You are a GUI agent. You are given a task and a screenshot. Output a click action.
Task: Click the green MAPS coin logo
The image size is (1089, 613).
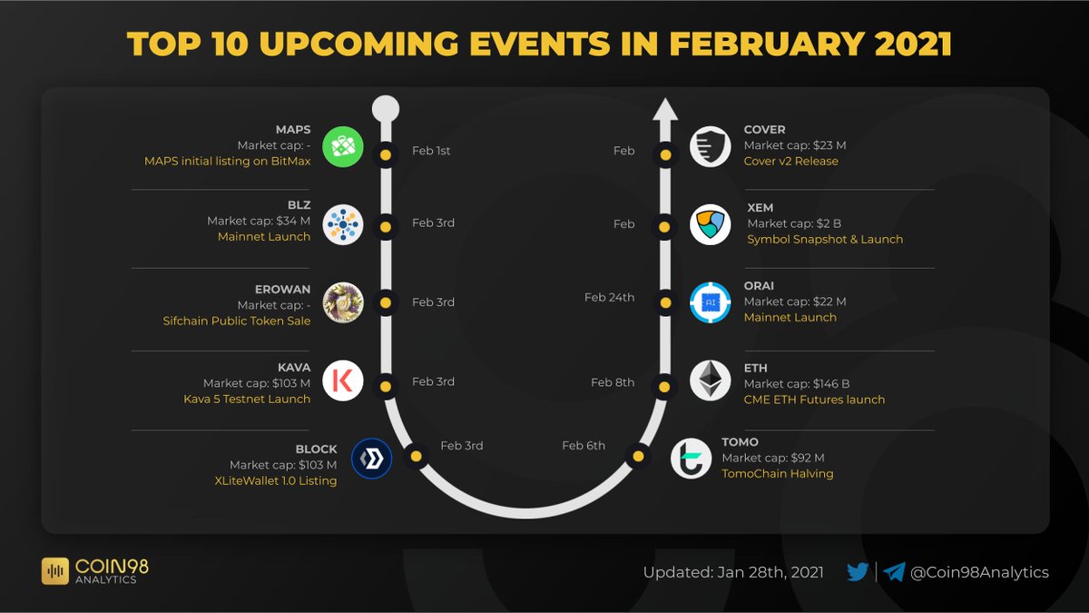(343, 147)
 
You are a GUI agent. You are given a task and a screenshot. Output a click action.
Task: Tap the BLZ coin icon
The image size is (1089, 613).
(343, 224)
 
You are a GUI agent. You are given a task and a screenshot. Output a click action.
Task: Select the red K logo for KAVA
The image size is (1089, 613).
(343, 381)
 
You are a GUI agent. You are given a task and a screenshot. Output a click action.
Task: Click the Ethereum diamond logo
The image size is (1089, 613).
(710, 381)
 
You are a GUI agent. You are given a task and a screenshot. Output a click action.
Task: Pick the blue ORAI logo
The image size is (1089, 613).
(710, 302)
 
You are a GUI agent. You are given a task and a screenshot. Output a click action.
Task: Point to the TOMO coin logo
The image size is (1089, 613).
(692, 458)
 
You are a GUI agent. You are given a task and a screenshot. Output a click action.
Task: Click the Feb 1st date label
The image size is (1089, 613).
(431, 151)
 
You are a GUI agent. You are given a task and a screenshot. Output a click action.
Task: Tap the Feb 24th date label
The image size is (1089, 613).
(609, 297)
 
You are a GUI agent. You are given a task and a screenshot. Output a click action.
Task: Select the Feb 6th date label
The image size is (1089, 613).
(584, 445)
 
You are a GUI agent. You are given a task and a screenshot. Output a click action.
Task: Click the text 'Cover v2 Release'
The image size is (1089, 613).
(790, 161)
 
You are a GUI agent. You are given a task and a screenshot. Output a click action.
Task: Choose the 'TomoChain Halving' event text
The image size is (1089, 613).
(777, 473)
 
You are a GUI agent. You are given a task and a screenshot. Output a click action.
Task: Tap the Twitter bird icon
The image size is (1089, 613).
(858, 572)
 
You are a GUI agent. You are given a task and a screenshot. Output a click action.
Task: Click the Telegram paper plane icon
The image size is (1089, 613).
(895, 572)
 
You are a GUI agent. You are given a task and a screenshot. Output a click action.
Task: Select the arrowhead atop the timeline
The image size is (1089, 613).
(665, 110)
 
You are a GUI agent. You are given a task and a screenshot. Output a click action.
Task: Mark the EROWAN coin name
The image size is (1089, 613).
(282, 290)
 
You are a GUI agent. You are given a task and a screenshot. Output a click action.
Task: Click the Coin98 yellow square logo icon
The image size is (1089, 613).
(56, 571)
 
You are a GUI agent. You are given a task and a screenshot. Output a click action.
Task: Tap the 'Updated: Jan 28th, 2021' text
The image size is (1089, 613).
(733, 572)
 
